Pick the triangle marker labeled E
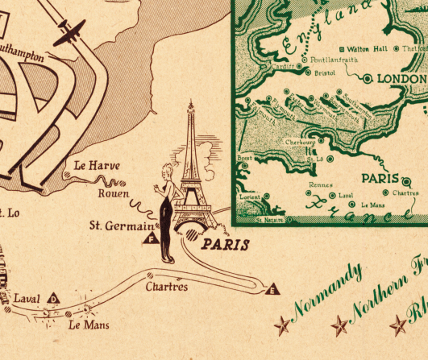[272, 290]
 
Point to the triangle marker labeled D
[54, 300]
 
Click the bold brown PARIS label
[225, 245]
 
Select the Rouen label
[113, 193]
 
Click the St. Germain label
[121, 226]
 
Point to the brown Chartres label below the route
[167, 287]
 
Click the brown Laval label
[26, 299]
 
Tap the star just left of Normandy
[282, 325]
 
